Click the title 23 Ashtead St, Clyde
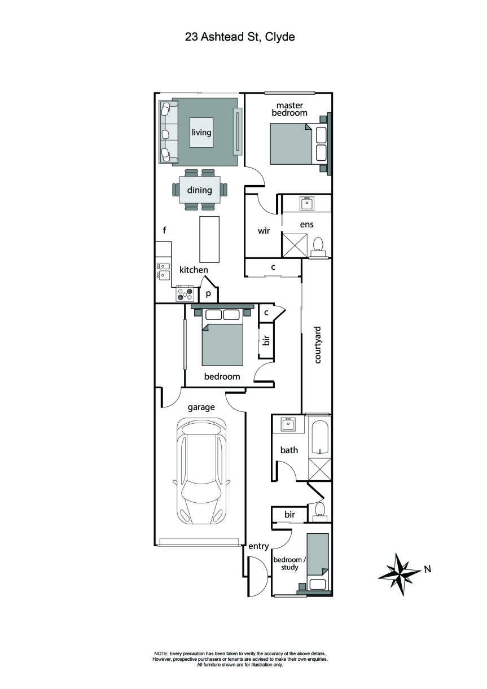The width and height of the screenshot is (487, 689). coord(240,37)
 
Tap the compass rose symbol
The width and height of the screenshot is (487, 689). coord(400,574)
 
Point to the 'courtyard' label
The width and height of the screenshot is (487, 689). coord(318,344)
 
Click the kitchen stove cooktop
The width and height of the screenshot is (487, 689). coord(185,294)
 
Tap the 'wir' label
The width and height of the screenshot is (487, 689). coord(264,231)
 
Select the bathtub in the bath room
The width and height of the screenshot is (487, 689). coord(320,438)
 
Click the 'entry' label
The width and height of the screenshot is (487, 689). coord(258,546)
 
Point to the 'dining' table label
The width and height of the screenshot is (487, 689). coord(199,190)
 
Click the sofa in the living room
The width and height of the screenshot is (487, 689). coord(168,132)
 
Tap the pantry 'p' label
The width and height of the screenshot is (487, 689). coord(208,293)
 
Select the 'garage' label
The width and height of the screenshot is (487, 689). coord(201,406)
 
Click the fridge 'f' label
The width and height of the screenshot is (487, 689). coord(164,230)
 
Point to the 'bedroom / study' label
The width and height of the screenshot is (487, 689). coord(289,563)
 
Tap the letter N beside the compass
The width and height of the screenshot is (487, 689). coord(427,569)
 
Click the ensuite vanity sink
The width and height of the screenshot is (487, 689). coord(306,203)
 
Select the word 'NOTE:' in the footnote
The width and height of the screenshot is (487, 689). coord(161,653)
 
